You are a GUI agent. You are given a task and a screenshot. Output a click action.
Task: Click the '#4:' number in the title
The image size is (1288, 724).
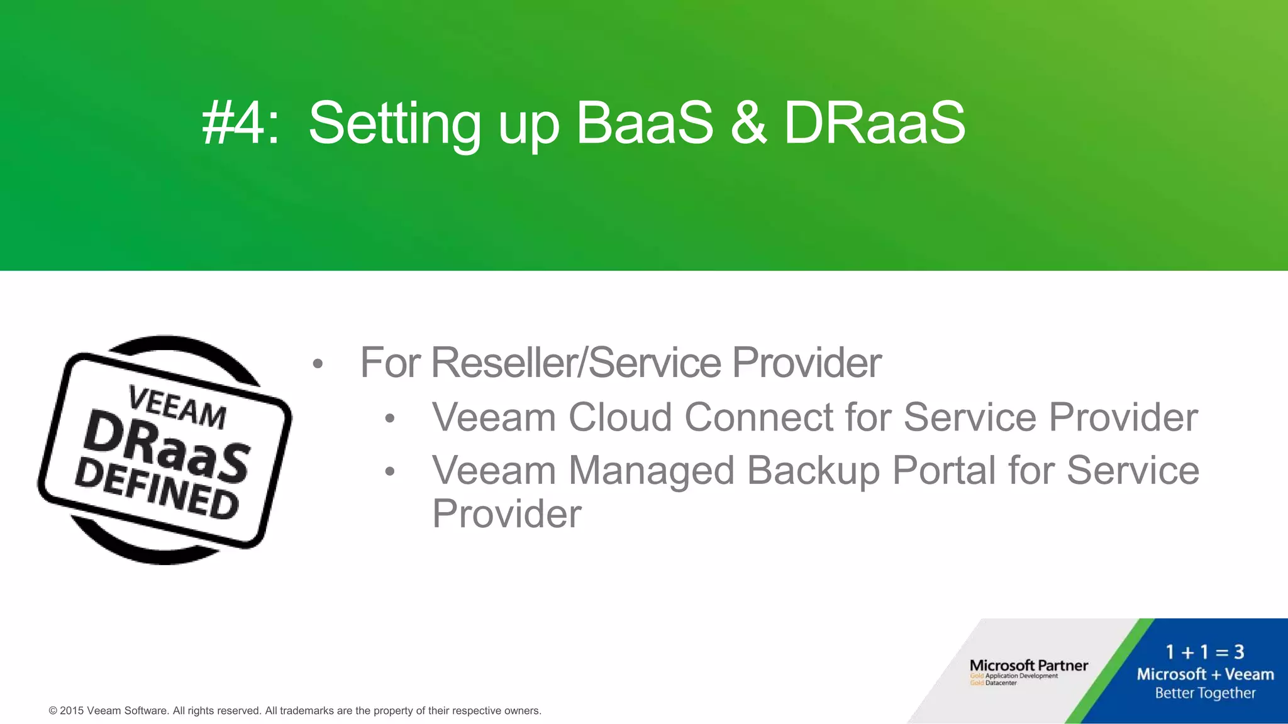coord(240,123)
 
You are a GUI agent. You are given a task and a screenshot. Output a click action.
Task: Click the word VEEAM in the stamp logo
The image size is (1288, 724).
coord(177,407)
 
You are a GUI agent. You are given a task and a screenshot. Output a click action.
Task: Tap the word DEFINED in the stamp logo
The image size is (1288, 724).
coord(157,490)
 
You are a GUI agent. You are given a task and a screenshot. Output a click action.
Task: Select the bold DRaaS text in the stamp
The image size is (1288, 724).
coord(167,447)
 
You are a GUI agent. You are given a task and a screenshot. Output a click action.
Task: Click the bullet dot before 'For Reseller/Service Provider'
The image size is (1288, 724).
coord(318,364)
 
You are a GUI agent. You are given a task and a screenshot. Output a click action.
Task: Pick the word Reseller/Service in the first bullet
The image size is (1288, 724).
coord(575,363)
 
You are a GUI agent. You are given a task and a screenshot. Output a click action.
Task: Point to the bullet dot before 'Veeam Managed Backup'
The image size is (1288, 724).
coord(389,471)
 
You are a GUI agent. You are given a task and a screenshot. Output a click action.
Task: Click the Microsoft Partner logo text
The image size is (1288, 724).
coord(1028,666)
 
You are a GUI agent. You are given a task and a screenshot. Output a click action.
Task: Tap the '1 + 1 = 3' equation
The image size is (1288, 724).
coord(1204,652)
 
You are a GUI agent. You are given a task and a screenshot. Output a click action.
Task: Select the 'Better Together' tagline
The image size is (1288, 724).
coord(1205,693)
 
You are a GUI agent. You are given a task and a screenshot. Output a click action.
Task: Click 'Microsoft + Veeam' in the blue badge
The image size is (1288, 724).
coord(1205,674)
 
